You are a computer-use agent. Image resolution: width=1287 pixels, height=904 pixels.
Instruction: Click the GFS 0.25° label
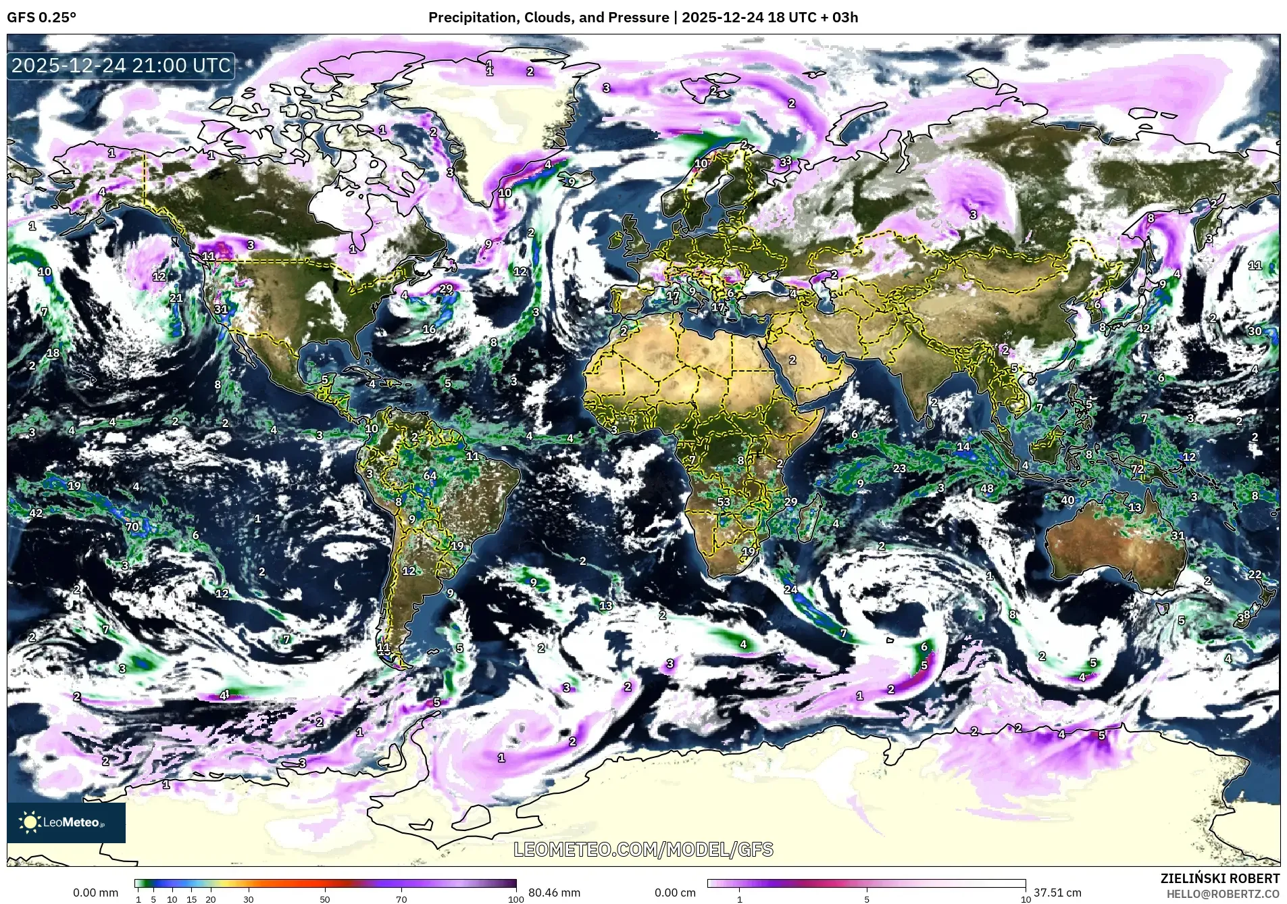[41, 18]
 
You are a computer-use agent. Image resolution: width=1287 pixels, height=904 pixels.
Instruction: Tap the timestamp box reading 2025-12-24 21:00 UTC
[121, 66]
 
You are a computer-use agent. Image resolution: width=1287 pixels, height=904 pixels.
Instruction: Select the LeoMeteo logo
[66, 822]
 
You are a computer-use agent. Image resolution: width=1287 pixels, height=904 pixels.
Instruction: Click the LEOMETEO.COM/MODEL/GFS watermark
[643, 849]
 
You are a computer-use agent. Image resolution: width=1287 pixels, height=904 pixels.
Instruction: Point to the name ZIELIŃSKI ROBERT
[1219, 878]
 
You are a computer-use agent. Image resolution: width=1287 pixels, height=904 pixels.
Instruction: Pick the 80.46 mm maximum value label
[554, 893]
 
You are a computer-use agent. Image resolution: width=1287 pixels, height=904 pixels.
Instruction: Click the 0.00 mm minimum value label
[95, 893]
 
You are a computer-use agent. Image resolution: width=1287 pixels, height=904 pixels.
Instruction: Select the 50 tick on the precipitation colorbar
[325, 899]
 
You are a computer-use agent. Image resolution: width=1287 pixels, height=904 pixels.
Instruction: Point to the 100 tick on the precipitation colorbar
[515, 899]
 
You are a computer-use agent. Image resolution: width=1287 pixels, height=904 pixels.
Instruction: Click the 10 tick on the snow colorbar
[1026, 899]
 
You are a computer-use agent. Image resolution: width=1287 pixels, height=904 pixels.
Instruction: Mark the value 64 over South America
[430, 476]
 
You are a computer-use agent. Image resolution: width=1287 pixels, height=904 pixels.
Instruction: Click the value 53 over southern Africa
[724, 502]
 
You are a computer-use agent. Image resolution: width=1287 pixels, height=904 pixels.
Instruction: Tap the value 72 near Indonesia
[1138, 469]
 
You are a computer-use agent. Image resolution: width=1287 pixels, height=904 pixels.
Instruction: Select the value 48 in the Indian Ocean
[987, 488]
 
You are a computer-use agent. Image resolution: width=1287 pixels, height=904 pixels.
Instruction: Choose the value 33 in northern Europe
[785, 161]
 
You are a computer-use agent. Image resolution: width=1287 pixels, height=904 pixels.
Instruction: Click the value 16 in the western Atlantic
[429, 329]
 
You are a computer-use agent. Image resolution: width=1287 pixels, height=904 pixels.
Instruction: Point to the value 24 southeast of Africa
[790, 589]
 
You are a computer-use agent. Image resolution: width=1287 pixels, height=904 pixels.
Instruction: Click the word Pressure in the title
[638, 18]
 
